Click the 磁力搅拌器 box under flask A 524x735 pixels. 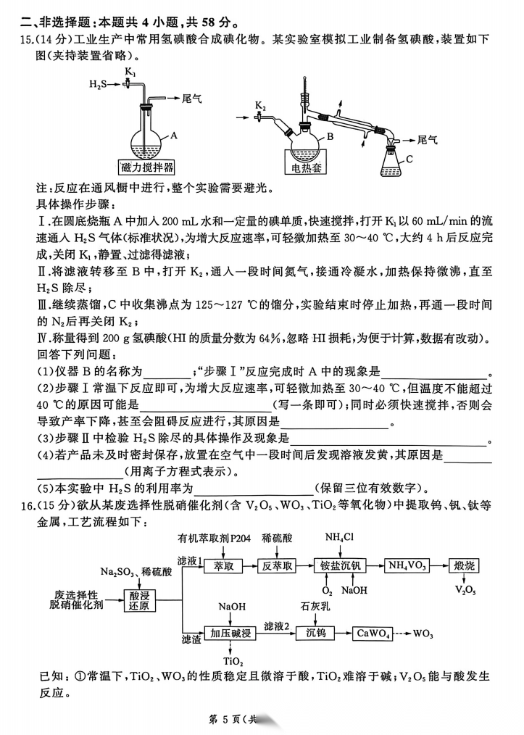click(149, 167)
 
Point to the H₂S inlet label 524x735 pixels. click(98, 85)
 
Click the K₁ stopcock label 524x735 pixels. click(130, 72)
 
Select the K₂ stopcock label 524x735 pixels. click(260, 106)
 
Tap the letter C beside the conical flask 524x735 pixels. click(409, 159)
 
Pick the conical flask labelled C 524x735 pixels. click(391, 164)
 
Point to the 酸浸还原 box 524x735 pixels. click(141, 599)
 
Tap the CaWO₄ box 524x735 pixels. click(375, 634)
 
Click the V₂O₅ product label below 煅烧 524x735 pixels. click(465, 590)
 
